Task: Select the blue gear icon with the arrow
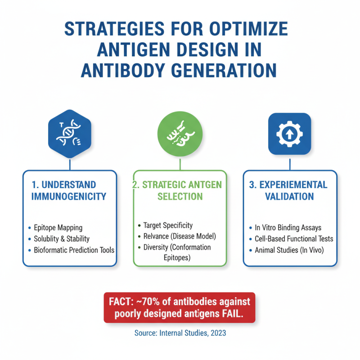click(290, 134)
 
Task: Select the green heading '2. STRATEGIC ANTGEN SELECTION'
click(180, 191)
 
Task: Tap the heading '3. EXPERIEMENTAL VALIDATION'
click(290, 191)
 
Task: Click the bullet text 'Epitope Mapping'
click(58, 228)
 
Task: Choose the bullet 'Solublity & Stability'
click(62, 239)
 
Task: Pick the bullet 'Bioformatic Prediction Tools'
click(74, 250)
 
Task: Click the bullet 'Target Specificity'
click(168, 225)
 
